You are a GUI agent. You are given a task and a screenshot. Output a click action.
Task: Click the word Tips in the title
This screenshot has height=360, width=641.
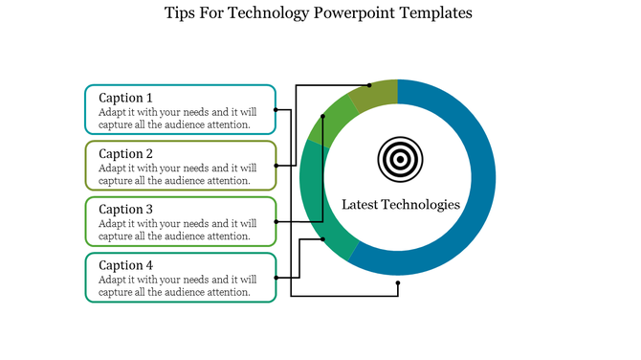pyautogui.click(x=183, y=13)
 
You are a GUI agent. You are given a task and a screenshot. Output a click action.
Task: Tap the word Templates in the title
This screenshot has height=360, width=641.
pyautogui.click(x=437, y=13)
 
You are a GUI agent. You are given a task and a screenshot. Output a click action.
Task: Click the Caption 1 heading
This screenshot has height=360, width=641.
pyautogui.click(x=126, y=98)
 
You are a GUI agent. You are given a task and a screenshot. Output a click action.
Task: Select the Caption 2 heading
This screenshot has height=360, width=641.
pyautogui.click(x=126, y=153)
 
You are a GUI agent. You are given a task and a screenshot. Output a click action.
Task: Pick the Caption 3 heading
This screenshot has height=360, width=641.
pyautogui.click(x=126, y=209)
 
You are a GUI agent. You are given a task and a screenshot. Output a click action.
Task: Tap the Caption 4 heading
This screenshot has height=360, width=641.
pyautogui.click(x=126, y=264)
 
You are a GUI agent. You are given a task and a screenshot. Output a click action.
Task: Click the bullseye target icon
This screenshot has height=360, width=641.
pyautogui.click(x=398, y=159)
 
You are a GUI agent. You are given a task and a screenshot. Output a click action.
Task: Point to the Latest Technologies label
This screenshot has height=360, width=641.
pyautogui.click(x=401, y=204)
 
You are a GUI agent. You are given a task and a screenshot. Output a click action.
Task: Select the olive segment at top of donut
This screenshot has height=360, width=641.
pyautogui.click(x=374, y=94)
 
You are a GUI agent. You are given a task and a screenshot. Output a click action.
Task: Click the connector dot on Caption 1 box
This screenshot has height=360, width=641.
pyautogui.click(x=276, y=109)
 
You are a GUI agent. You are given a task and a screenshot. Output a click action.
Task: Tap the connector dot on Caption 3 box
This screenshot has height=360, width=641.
pyautogui.click(x=276, y=221)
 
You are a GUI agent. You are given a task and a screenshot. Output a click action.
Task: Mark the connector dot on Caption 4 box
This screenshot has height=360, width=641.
pyautogui.click(x=276, y=277)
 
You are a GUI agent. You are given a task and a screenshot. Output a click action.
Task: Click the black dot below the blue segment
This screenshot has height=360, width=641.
pyautogui.click(x=397, y=283)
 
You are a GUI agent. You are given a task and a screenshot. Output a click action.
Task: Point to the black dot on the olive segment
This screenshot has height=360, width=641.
pyautogui.click(x=369, y=85)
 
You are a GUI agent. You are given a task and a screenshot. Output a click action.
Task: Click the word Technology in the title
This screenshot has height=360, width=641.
pyautogui.click(x=271, y=13)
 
